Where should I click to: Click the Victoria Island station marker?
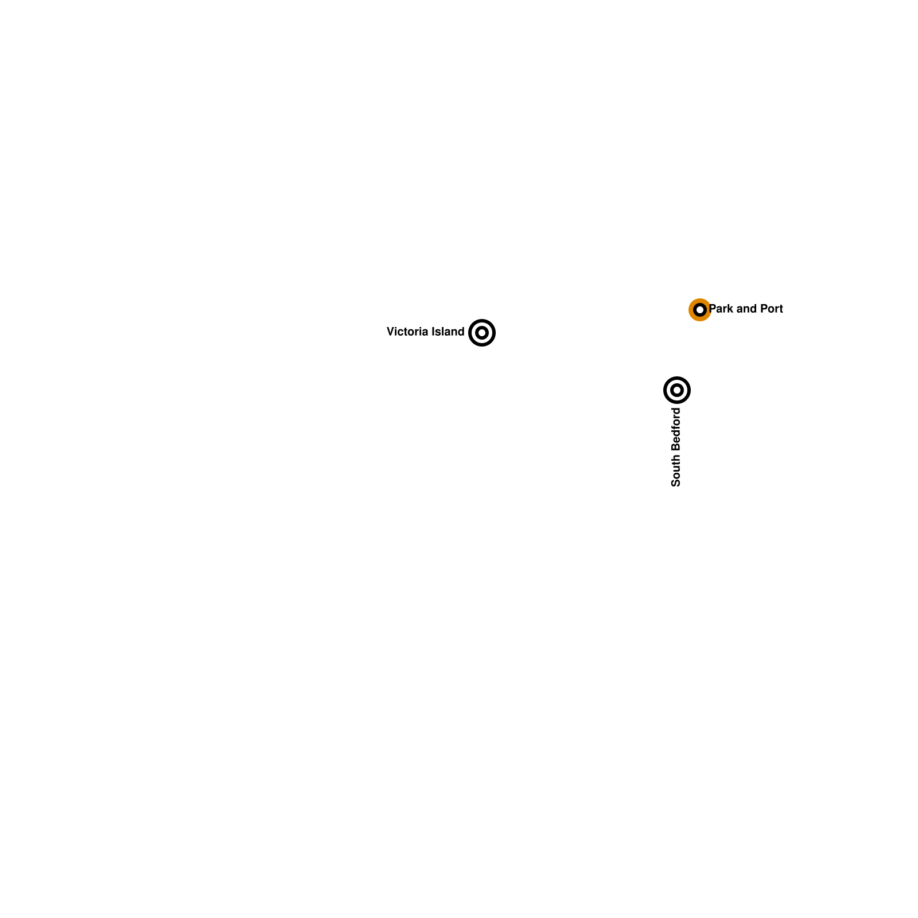coord(482,333)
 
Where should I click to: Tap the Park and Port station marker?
coord(700,310)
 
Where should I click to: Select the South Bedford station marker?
coord(677,390)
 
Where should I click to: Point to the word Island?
coord(448,332)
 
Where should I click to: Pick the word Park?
coord(721,309)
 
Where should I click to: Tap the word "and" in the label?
coord(746,309)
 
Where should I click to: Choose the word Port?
coord(772,309)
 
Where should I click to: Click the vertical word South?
coord(676,470)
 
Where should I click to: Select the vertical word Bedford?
coord(676,430)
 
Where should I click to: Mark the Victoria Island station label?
coord(426,332)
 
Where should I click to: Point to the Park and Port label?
coord(746,309)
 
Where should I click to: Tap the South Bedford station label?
coord(676,448)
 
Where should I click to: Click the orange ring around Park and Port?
coord(691,310)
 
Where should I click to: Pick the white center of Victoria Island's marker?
coord(482,333)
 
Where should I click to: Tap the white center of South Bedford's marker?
coord(677,390)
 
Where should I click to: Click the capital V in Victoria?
coord(391,332)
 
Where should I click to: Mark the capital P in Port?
coord(763,309)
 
